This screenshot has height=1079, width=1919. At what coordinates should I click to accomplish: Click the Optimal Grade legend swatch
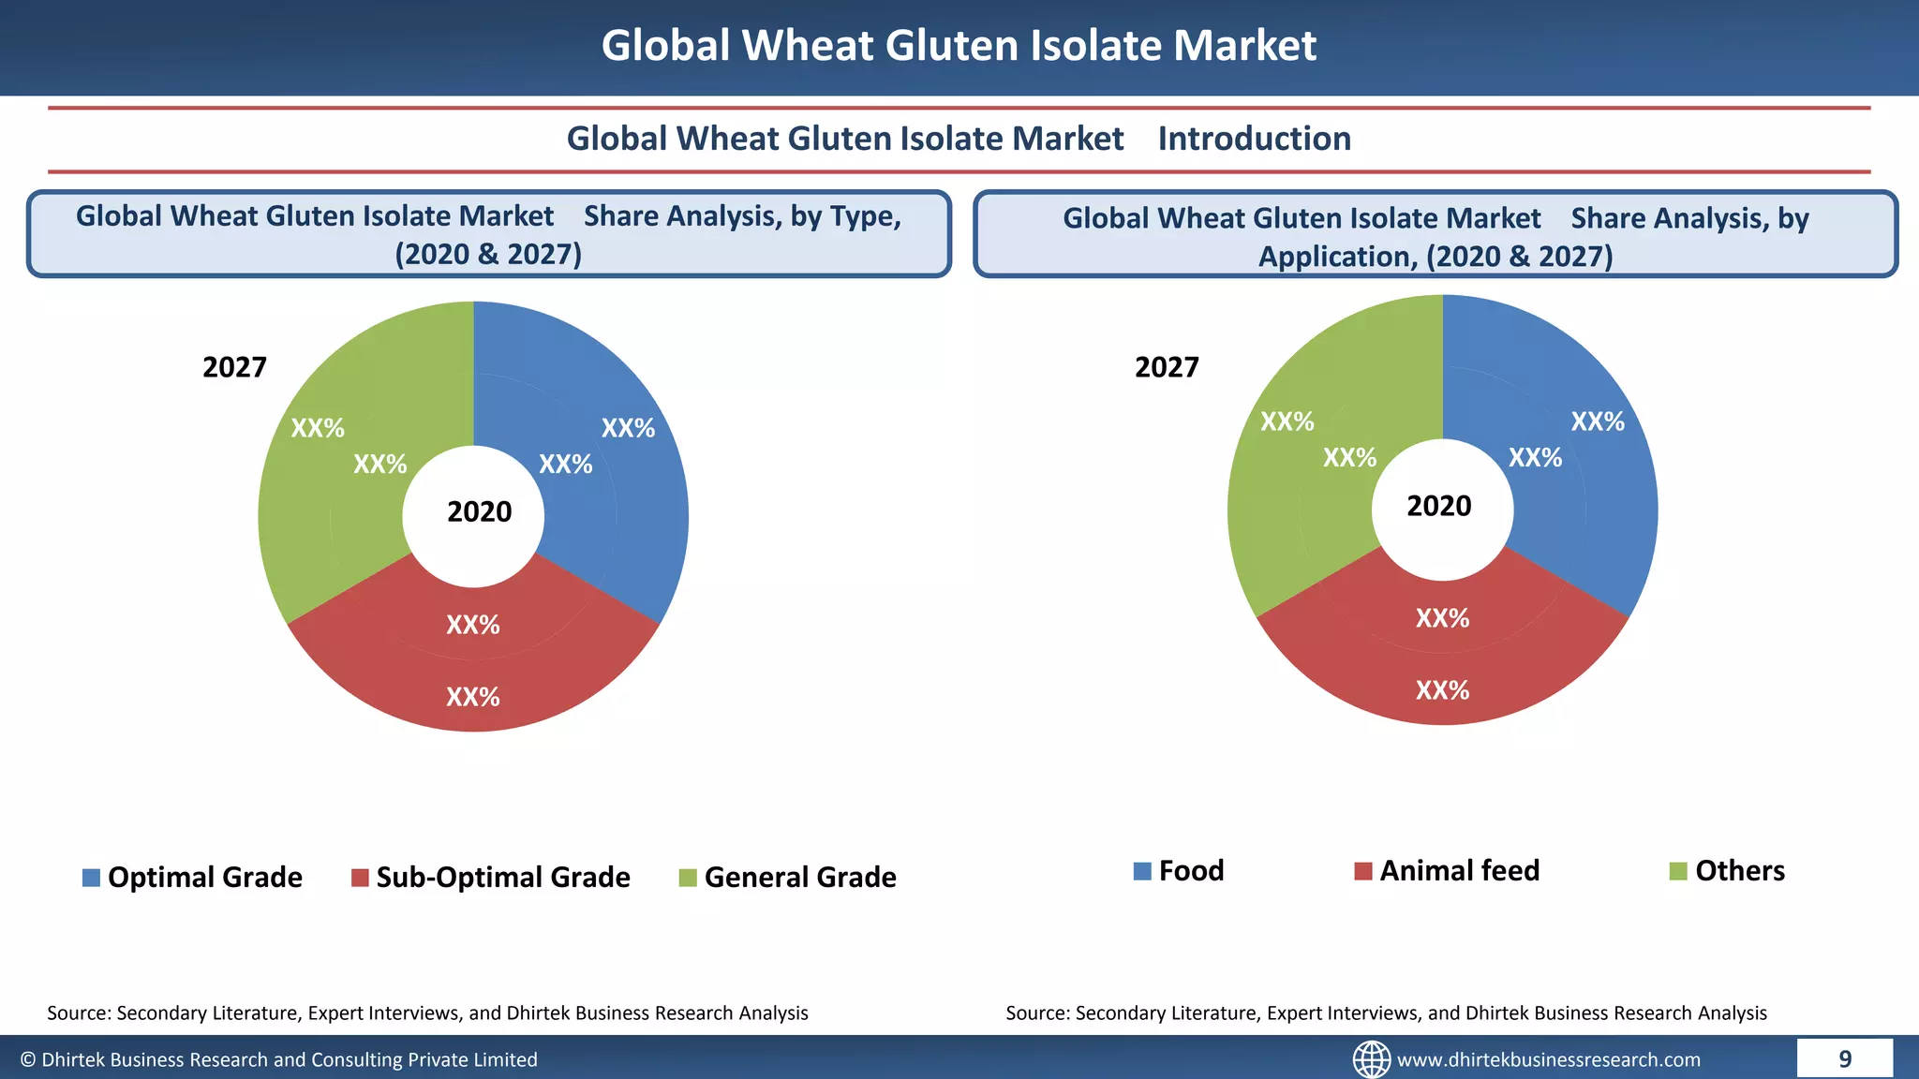91,878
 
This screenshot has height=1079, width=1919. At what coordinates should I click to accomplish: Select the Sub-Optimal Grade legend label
502,878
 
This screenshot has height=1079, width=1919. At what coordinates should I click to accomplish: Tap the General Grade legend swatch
688,878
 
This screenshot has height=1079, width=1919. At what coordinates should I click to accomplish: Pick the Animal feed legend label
1459,871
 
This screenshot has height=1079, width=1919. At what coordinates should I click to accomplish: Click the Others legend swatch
1678,871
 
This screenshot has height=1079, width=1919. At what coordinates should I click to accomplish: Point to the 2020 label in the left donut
479,512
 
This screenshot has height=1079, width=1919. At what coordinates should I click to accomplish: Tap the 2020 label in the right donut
1438,507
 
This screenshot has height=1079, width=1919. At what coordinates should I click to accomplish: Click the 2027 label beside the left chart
234,367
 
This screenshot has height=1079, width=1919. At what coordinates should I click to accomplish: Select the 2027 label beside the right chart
1167,367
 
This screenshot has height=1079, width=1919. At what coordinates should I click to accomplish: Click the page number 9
1844,1059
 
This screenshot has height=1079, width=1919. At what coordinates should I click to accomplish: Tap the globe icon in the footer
1371,1059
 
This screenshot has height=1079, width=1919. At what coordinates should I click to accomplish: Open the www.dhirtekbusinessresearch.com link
1548,1060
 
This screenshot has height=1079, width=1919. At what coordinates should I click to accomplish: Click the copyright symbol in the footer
28,1059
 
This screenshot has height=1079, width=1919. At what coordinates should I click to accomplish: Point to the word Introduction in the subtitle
1254,139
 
